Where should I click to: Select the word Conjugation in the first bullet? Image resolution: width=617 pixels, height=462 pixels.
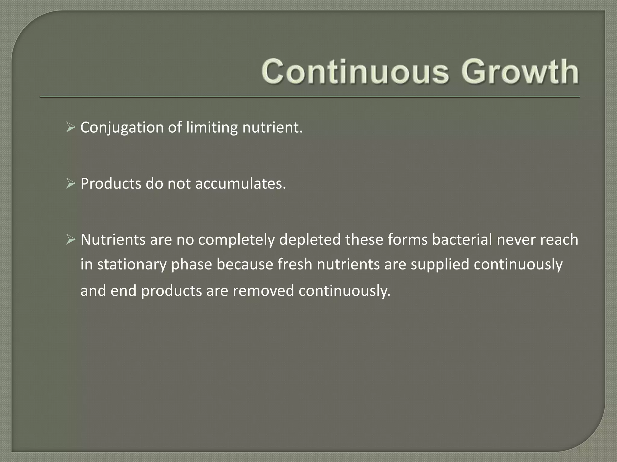pyautogui.click(x=122, y=128)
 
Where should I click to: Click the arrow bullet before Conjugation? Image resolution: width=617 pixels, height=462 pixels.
pyautogui.click(x=70, y=128)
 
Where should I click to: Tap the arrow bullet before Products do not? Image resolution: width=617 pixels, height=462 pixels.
pyautogui.click(x=70, y=183)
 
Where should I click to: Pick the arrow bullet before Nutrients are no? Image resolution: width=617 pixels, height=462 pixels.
pyautogui.click(x=70, y=240)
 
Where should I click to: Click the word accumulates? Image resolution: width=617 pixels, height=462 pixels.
pyautogui.click(x=240, y=184)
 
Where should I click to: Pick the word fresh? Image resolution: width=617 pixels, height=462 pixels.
pyautogui.click(x=295, y=264)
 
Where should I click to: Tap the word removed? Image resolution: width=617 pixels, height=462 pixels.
pyautogui.click(x=263, y=291)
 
